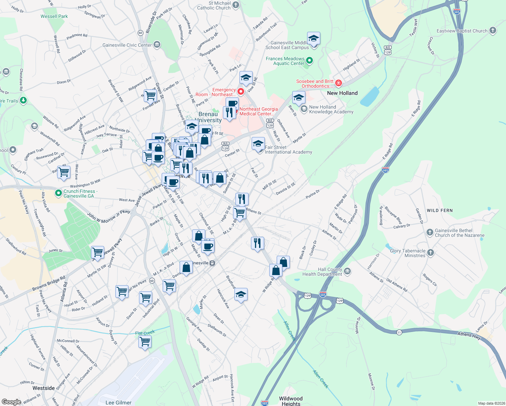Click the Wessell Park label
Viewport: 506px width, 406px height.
54,16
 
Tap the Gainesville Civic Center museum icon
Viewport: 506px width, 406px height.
157,45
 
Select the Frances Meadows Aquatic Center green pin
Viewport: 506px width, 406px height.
309,61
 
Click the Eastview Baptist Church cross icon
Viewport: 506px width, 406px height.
493,30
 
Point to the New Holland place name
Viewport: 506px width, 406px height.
342,93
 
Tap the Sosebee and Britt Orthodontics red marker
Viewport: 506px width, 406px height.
338,83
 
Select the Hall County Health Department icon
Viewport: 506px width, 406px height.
347,271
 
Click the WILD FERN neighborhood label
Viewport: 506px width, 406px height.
439,210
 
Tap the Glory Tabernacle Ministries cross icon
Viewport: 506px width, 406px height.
430,252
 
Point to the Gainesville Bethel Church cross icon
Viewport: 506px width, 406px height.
430,232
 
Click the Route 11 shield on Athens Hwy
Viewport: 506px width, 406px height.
399,333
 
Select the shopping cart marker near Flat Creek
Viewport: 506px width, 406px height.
145,342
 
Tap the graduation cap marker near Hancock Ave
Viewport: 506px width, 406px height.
240,295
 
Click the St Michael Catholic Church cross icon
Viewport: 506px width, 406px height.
236,5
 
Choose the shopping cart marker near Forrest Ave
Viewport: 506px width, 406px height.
150,96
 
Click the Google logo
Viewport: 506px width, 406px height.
11,402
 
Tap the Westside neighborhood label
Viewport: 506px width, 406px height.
44,388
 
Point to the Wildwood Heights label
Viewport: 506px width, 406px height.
291,401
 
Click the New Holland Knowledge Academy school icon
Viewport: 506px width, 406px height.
304,109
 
